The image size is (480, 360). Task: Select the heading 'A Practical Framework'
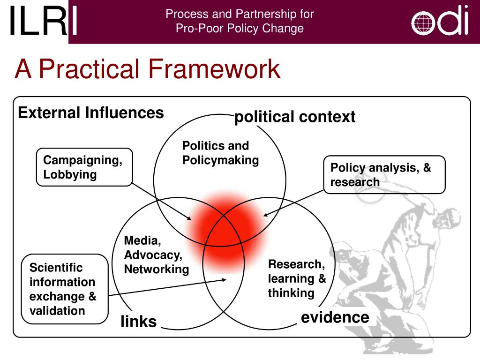(x=147, y=69)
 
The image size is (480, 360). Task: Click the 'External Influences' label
(x=91, y=113)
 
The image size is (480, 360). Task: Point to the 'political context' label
(x=295, y=117)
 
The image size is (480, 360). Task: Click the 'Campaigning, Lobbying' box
(x=84, y=167)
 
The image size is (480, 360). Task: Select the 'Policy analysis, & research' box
(x=384, y=175)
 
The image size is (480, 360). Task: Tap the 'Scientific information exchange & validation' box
(x=65, y=289)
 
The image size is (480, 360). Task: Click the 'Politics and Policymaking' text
(x=220, y=153)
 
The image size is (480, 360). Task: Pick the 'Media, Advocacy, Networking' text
(x=157, y=255)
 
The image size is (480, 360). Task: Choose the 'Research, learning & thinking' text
(x=297, y=278)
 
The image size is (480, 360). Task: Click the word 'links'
(x=138, y=322)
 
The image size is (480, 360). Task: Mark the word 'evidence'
(x=335, y=317)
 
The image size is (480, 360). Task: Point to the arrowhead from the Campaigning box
(x=189, y=218)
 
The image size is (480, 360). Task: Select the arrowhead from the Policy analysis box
(x=265, y=215)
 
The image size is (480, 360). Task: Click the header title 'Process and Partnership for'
(x=240, y=14)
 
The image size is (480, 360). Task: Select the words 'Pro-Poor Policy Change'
(x=240, y=29)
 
